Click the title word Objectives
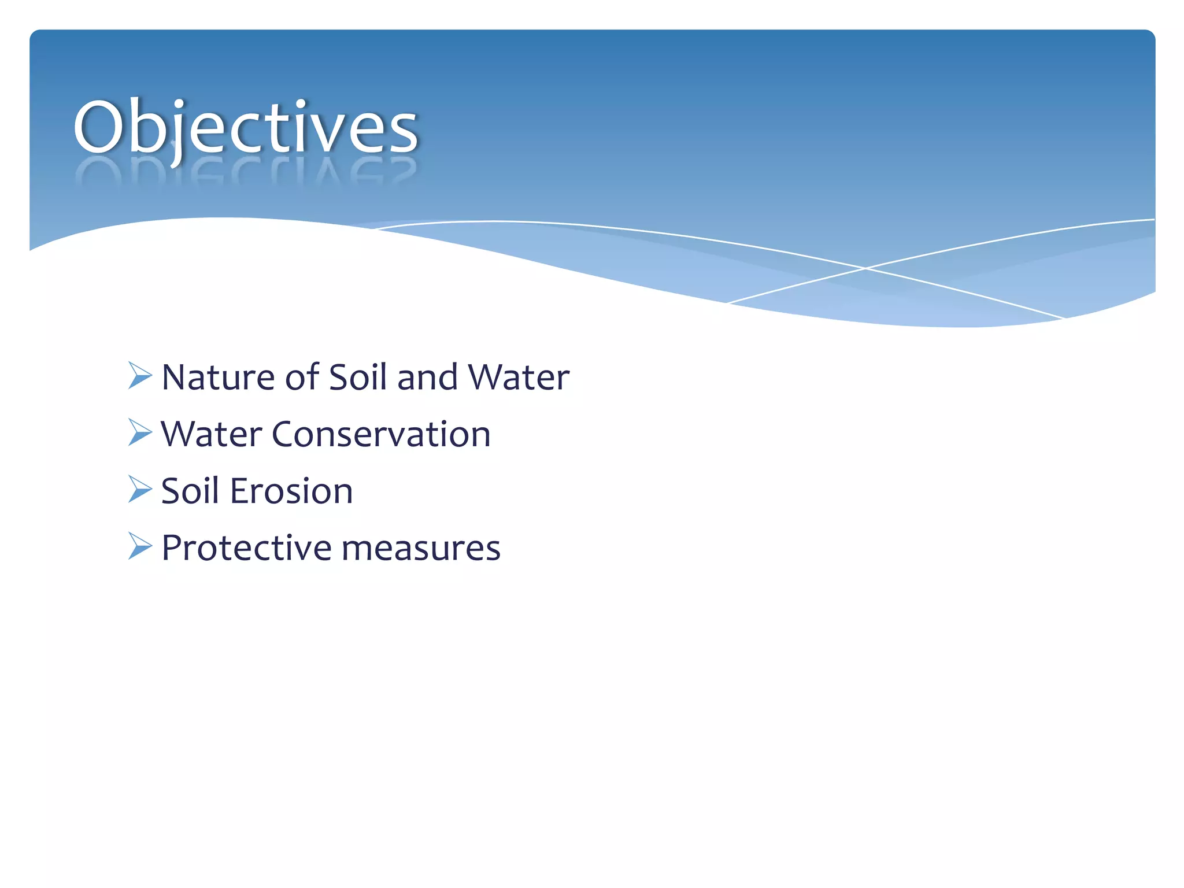(x=245, y=127)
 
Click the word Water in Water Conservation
(x=211, y=434)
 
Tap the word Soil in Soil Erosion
(x=190, y=491)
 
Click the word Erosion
(x=291, y=491)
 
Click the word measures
(x=420, y=548)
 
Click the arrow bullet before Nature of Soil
(x=139, y=376)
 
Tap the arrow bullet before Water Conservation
(x=139, y=432)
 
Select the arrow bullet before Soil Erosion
(x=139, y=489)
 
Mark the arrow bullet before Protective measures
(x=139, y=546)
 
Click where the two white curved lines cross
(x=865, y=268)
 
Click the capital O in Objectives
(x=99, y=127)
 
